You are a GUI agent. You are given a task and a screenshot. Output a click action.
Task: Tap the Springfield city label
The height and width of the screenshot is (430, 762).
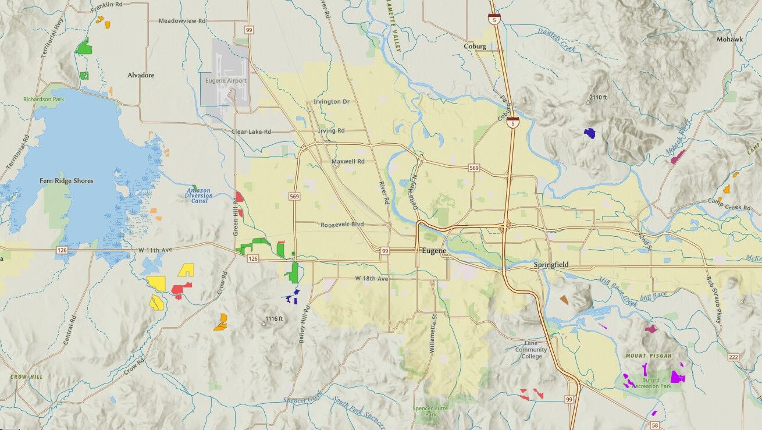551,265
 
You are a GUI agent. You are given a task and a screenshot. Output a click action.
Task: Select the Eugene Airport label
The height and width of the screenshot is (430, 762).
226,81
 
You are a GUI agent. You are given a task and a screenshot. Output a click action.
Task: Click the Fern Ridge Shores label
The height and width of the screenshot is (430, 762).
66,181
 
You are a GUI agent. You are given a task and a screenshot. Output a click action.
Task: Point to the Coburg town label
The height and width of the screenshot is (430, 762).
475,47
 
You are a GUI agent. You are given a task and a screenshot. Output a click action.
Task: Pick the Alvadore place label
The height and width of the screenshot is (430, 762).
141,75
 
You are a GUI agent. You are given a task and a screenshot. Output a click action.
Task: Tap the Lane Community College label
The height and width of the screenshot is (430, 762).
530,350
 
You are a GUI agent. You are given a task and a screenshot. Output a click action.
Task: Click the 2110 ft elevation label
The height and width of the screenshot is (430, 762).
598,97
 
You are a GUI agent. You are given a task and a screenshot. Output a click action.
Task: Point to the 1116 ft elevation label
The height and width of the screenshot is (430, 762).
274,318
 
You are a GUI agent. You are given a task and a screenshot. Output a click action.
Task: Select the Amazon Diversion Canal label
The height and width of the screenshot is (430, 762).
200,196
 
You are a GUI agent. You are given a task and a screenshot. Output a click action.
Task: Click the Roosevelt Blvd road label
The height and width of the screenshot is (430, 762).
341,224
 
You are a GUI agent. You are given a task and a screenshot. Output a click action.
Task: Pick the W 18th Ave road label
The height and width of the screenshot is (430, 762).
371,279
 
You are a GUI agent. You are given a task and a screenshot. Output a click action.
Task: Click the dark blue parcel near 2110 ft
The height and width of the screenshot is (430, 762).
590,133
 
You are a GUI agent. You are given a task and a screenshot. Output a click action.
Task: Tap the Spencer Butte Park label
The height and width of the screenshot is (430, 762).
430,411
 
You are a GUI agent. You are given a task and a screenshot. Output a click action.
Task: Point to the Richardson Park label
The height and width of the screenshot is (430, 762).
44,99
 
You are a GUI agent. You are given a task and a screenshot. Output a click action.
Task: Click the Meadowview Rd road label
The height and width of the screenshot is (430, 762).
182,21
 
